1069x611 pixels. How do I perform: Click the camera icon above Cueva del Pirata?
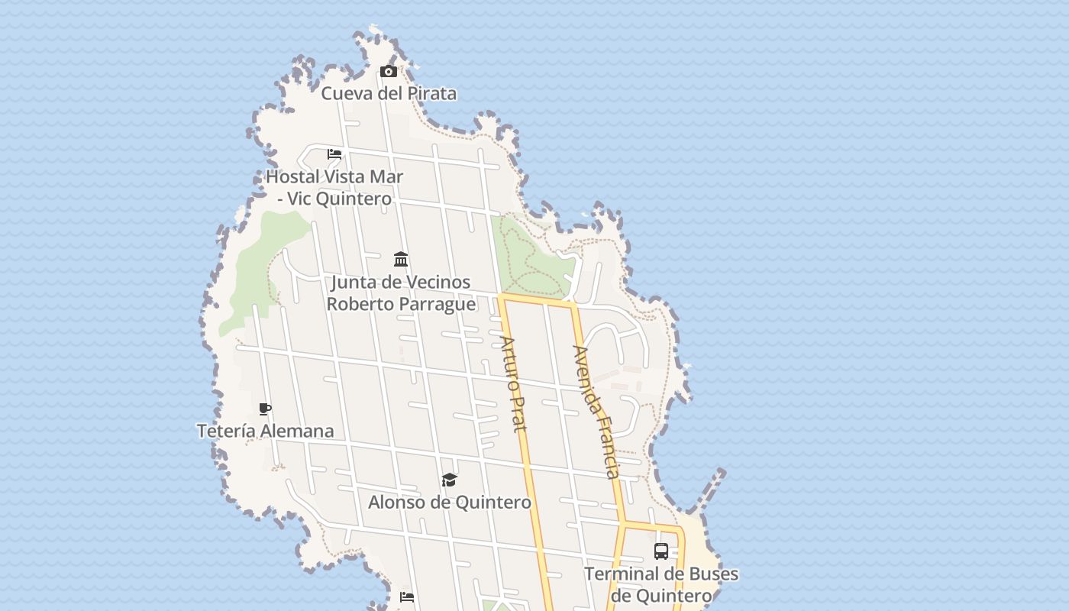pyautogui.click(x=389, y=71)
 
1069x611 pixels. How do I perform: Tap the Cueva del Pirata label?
pyautogui.click(x=389, y=93)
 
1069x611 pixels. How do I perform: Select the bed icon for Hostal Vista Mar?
pyautogui.click(x=334, y=154)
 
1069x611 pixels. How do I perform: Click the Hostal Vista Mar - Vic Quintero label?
pyautogui.click(x=334, y=187)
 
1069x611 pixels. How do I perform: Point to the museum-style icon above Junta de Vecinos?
pyautogui.click(x=401, y=259)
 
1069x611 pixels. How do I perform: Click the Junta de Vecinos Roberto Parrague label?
pyautogui.click(x=401, y=293)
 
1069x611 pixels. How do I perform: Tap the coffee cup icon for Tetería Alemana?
pyautogui.click(x=265, y=409)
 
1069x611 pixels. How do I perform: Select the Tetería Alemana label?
pyautogui.click(x=265, y=431)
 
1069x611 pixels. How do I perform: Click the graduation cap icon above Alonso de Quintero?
pyautogui.click(x=450, y=480)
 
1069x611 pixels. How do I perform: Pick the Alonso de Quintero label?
pyautogui.click(x=450, y=502)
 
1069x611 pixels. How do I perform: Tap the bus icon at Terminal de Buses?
pyautogui.click(x=661, y=551)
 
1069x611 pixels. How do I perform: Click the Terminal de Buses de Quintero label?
pyautogui.click(x=661, y=584)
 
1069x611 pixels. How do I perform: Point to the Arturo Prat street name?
pyautogui.click(x=514, y=384)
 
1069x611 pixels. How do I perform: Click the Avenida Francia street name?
pyautogui.click(x=597, y=412)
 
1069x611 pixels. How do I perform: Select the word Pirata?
pyautogui.click(x=431, y=93)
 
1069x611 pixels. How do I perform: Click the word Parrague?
pyautogui.click(x=439, y=304)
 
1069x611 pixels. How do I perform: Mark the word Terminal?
pyautogui.click(x=617, y=574)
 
